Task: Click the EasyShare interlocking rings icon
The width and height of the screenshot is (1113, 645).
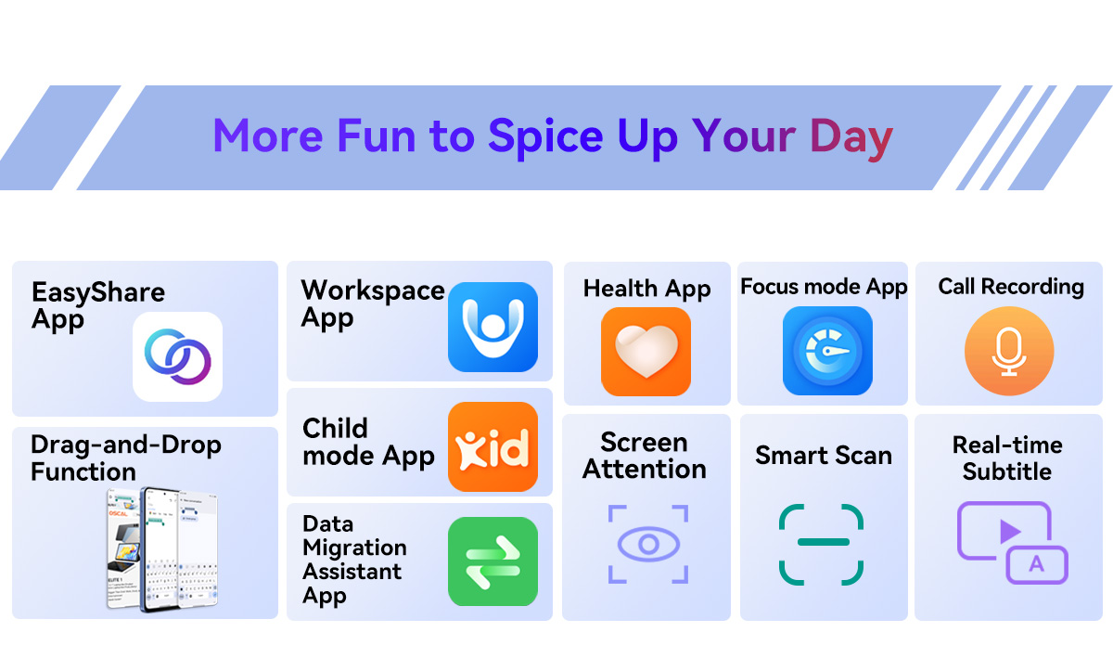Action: [x=177, y=356]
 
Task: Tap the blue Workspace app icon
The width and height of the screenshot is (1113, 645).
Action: [x=493, y=327]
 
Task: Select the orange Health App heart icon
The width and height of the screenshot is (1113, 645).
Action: [x=646, y=352]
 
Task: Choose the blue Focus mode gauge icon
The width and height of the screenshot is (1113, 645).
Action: [x=827, y=351]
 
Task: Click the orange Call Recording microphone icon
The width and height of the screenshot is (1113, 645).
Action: [x=1009, y=351]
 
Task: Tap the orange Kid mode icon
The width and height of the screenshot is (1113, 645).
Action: [x=493, y=446]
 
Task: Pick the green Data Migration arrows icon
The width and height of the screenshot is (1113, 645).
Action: [x=493, y=561]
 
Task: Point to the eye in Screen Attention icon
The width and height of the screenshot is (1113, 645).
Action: [x=648, y=544]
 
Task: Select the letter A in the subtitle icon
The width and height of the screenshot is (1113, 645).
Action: [x=1037, y=564]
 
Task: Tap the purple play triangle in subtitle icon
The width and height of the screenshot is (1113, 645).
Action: [x=1010, y=531]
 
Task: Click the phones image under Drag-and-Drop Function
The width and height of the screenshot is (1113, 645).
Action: [x=162, y=549]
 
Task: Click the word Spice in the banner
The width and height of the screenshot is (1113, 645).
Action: [x=545, y=136]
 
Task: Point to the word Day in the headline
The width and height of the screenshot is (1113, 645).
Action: [x=851, y=136]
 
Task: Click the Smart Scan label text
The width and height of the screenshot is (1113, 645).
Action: [x=824, y=455]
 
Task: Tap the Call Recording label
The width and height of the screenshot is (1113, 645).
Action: [x=1011, y=287]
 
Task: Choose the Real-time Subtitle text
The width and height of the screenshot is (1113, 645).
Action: [x=1007, y=458]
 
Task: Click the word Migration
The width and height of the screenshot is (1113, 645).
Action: [x=354, y=548]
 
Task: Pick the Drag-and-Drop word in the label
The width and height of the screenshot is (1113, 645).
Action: [x=126, y=445]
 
